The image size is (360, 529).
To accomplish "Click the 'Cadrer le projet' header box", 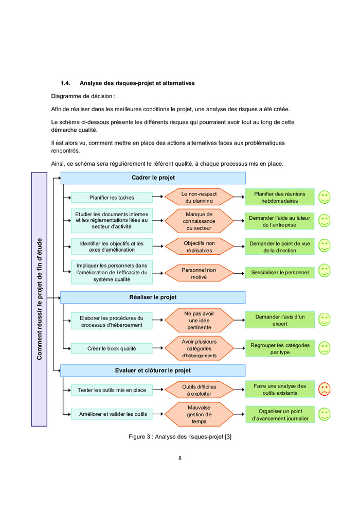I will point(153,178).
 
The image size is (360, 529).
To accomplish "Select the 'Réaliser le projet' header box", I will point(153,297).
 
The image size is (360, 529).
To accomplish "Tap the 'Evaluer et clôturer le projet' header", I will point(153,371).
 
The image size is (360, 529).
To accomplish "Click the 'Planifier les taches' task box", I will point(112,198).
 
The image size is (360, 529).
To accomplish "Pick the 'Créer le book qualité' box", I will point(112,348).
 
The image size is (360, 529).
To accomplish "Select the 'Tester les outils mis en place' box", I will point(112,390).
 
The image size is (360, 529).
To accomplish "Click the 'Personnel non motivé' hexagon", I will point(199,273).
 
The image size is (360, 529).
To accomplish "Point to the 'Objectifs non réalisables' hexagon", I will point(199,246).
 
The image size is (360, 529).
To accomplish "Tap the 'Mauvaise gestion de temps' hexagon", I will point(199,414).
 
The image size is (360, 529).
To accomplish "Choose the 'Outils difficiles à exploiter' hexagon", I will point(199,390).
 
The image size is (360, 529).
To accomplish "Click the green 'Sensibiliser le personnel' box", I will point(280,272).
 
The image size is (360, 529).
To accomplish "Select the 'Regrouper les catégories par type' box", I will point(280,348).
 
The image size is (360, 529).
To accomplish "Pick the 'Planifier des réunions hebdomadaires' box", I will point(280,197).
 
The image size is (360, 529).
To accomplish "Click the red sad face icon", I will point(324,389).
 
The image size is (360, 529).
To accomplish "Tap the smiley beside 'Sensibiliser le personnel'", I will point(324,271).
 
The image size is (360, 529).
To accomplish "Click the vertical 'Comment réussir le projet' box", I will point(39,299).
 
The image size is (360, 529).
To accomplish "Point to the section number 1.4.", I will point(65,83).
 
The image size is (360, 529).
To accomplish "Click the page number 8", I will point(180,458).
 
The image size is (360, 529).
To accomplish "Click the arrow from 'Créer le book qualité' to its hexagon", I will point(158,348).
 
